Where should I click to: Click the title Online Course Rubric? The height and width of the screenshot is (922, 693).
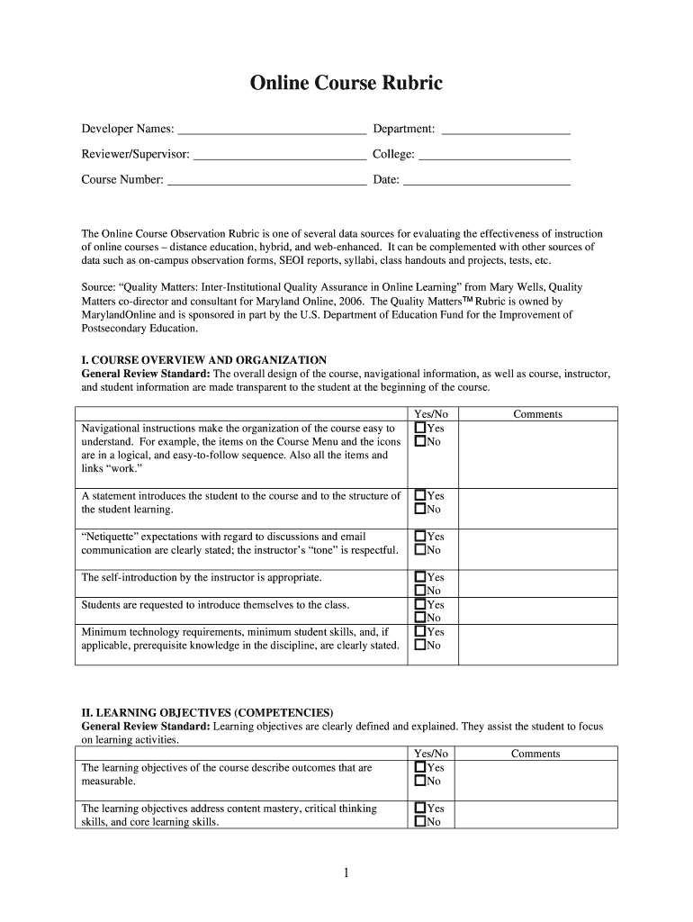tap(346, 84)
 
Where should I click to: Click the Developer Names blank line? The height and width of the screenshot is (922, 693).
tap(272, 131)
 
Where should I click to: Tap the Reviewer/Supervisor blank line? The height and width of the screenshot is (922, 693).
tap(280, 155)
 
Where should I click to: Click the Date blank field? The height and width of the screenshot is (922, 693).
tap(486, 180)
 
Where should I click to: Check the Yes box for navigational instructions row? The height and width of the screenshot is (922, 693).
tap(419, 429)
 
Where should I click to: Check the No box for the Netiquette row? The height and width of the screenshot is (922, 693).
tap(419, 550)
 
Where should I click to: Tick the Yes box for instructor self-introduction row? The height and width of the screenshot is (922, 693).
tap(419, 577)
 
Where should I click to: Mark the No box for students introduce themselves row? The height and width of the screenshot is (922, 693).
tap(419, 618)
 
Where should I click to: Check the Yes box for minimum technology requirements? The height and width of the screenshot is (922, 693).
tap(419, 632)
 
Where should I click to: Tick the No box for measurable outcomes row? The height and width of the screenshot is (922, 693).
tap(419, 782)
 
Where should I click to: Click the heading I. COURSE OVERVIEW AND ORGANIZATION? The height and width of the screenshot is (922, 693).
tap(204, 360)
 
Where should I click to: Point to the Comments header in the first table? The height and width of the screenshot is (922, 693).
tap(537, 414)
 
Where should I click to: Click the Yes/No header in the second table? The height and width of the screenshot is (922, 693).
tap(430, 754)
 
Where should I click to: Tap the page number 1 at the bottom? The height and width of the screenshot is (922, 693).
tap(346, 872)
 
